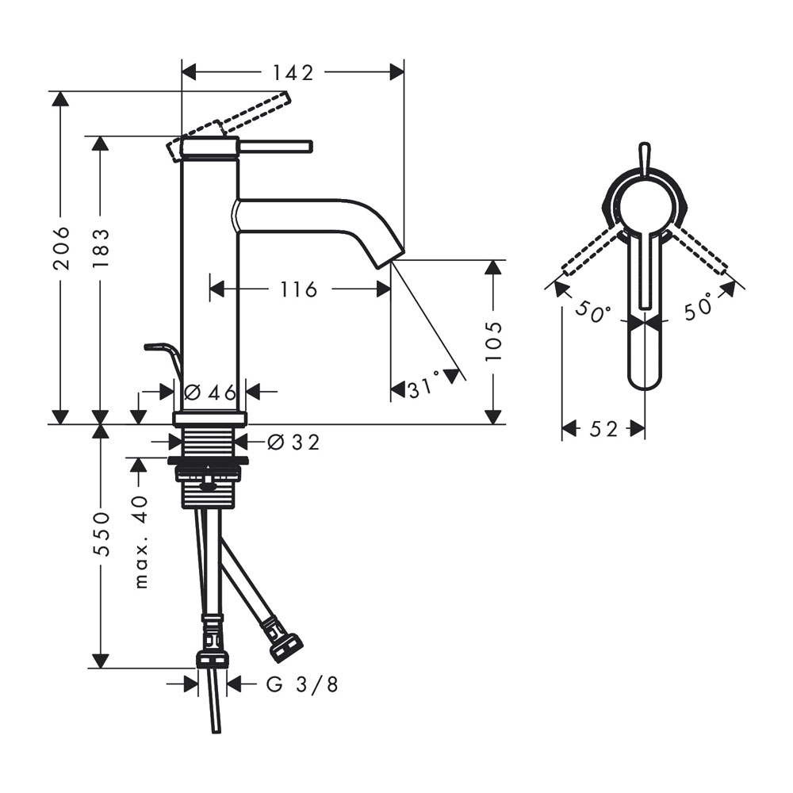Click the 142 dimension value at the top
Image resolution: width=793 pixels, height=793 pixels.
(294, 73)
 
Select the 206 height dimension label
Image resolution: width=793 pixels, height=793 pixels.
(62, 247)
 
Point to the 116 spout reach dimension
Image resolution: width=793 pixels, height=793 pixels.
(299, 289)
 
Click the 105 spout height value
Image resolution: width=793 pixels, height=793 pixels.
(493, 341)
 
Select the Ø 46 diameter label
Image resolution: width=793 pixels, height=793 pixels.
(210, 392)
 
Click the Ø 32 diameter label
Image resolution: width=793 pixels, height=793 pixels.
(293, 442)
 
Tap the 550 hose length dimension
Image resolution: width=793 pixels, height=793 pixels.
(101, 534)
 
